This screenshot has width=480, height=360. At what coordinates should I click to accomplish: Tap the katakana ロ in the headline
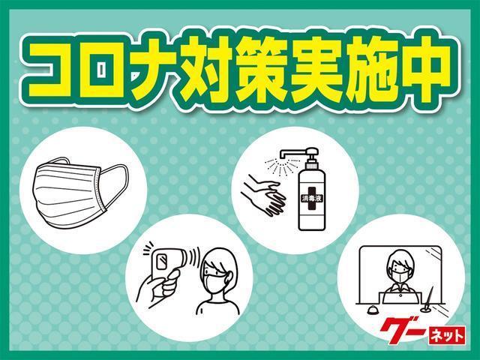tap(103, 69)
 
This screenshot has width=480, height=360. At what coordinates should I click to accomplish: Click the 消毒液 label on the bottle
tap(311, 198)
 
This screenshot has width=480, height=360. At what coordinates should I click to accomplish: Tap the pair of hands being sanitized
tap(263, 194)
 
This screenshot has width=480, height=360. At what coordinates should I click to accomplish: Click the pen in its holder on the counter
tap(428, 299)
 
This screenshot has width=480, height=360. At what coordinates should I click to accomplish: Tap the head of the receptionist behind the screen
tap(400, 265)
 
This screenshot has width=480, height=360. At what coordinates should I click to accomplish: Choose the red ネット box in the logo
tap(447, 335)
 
